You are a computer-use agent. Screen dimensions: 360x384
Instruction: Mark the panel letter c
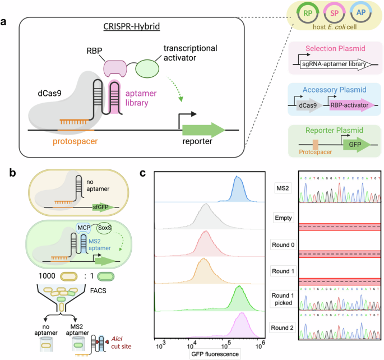pyautogui.click(x=143, y=173)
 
